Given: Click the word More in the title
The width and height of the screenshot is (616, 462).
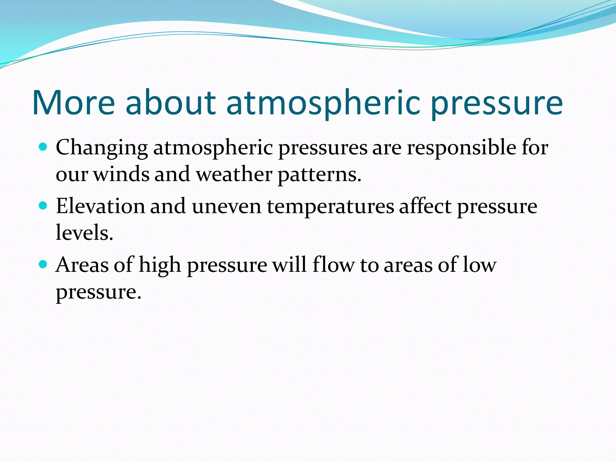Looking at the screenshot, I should pos(73,103).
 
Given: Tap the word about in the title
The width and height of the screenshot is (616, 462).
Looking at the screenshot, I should pos(171,103).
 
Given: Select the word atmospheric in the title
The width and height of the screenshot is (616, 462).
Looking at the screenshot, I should pos(322,103).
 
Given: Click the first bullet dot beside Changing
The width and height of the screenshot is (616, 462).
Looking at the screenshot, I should pos(43,147).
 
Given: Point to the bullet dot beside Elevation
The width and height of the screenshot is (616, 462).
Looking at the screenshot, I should pos(43,206).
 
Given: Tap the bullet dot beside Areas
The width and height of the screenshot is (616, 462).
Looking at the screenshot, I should pos(43,265).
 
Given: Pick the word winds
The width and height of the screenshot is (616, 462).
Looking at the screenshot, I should pos(121,175).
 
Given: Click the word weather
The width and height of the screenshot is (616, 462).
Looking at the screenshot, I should pos(234,175).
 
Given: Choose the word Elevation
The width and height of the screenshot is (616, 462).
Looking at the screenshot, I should pos(100,207).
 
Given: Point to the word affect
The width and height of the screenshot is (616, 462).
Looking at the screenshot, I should pos(425,207).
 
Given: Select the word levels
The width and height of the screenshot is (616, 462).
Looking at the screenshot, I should pos(84,233).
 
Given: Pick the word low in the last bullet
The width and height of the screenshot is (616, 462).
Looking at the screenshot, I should pos(479,265).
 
